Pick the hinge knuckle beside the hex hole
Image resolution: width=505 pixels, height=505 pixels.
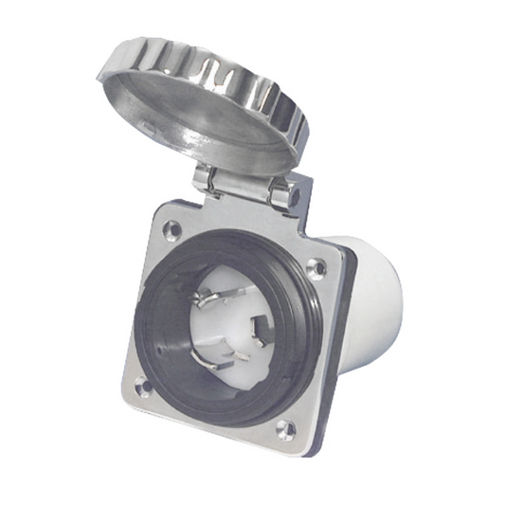tap(280, 193)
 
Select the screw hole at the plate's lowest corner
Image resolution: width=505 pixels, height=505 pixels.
tap(284, 427)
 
